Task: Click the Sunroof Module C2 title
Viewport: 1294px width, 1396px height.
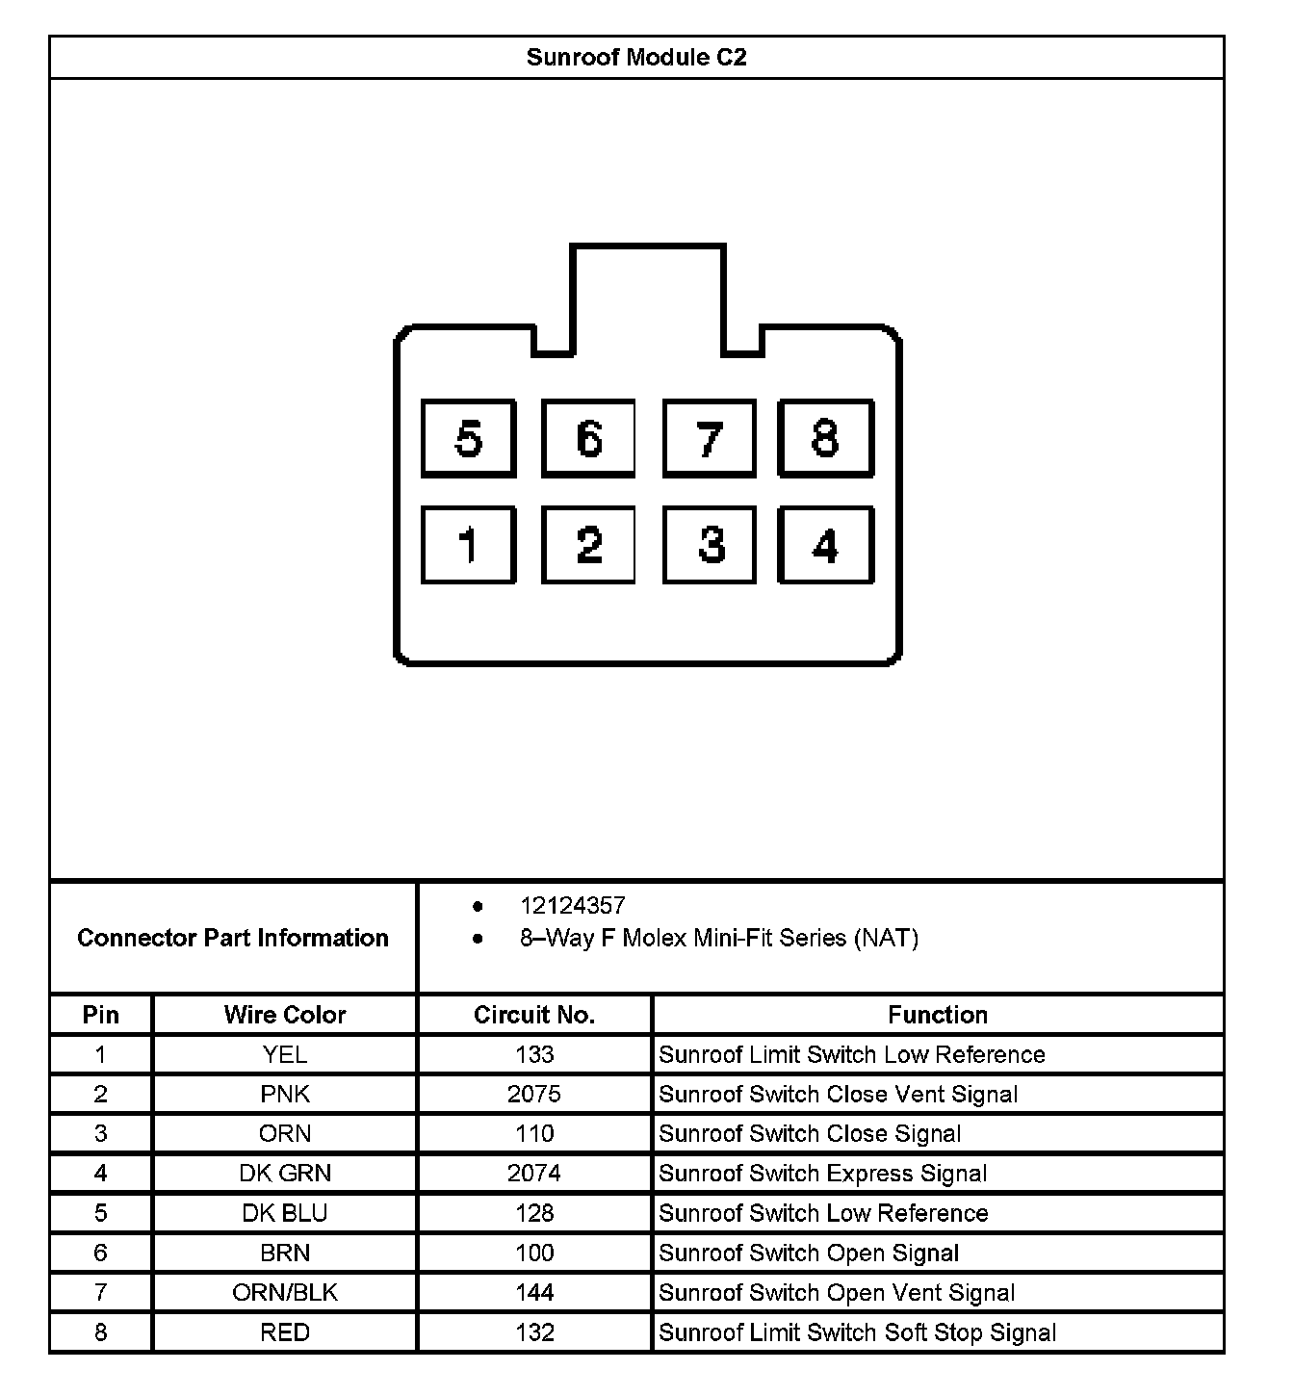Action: click(636, 58)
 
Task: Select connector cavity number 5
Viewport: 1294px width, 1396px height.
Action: click(469, 439)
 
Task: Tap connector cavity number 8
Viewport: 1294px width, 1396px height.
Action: click(825, 439)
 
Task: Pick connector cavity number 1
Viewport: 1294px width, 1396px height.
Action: click(469, 545)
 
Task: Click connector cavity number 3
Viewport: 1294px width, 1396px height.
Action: click(711, 545)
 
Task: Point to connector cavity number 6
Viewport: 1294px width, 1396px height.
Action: click(588, 439)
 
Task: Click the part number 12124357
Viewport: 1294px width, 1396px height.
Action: click(572, 906)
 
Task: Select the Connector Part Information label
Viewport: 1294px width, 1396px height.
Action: click(233, 938)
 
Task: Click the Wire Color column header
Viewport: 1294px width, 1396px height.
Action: click(285, 1015)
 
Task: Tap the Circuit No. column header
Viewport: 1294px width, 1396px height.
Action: click(534, 1015)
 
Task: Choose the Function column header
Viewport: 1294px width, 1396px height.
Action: click(938, 1015)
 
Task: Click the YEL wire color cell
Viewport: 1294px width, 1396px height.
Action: click(285, 1055)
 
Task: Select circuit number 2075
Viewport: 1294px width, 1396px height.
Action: click(534, 1095)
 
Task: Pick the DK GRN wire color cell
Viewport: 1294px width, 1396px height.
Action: click(285, 1174)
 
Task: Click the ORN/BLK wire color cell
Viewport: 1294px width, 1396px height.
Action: click(285, 1293)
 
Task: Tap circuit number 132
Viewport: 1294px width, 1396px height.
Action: click(534, 1332)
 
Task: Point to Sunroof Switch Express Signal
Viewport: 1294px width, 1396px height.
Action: click(823, 1174)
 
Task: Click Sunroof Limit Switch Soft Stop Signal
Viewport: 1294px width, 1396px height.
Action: click(858, 1332)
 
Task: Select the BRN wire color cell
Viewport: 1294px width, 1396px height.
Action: click(285, 1254)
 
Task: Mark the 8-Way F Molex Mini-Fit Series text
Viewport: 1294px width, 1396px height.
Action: click(719, 938)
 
